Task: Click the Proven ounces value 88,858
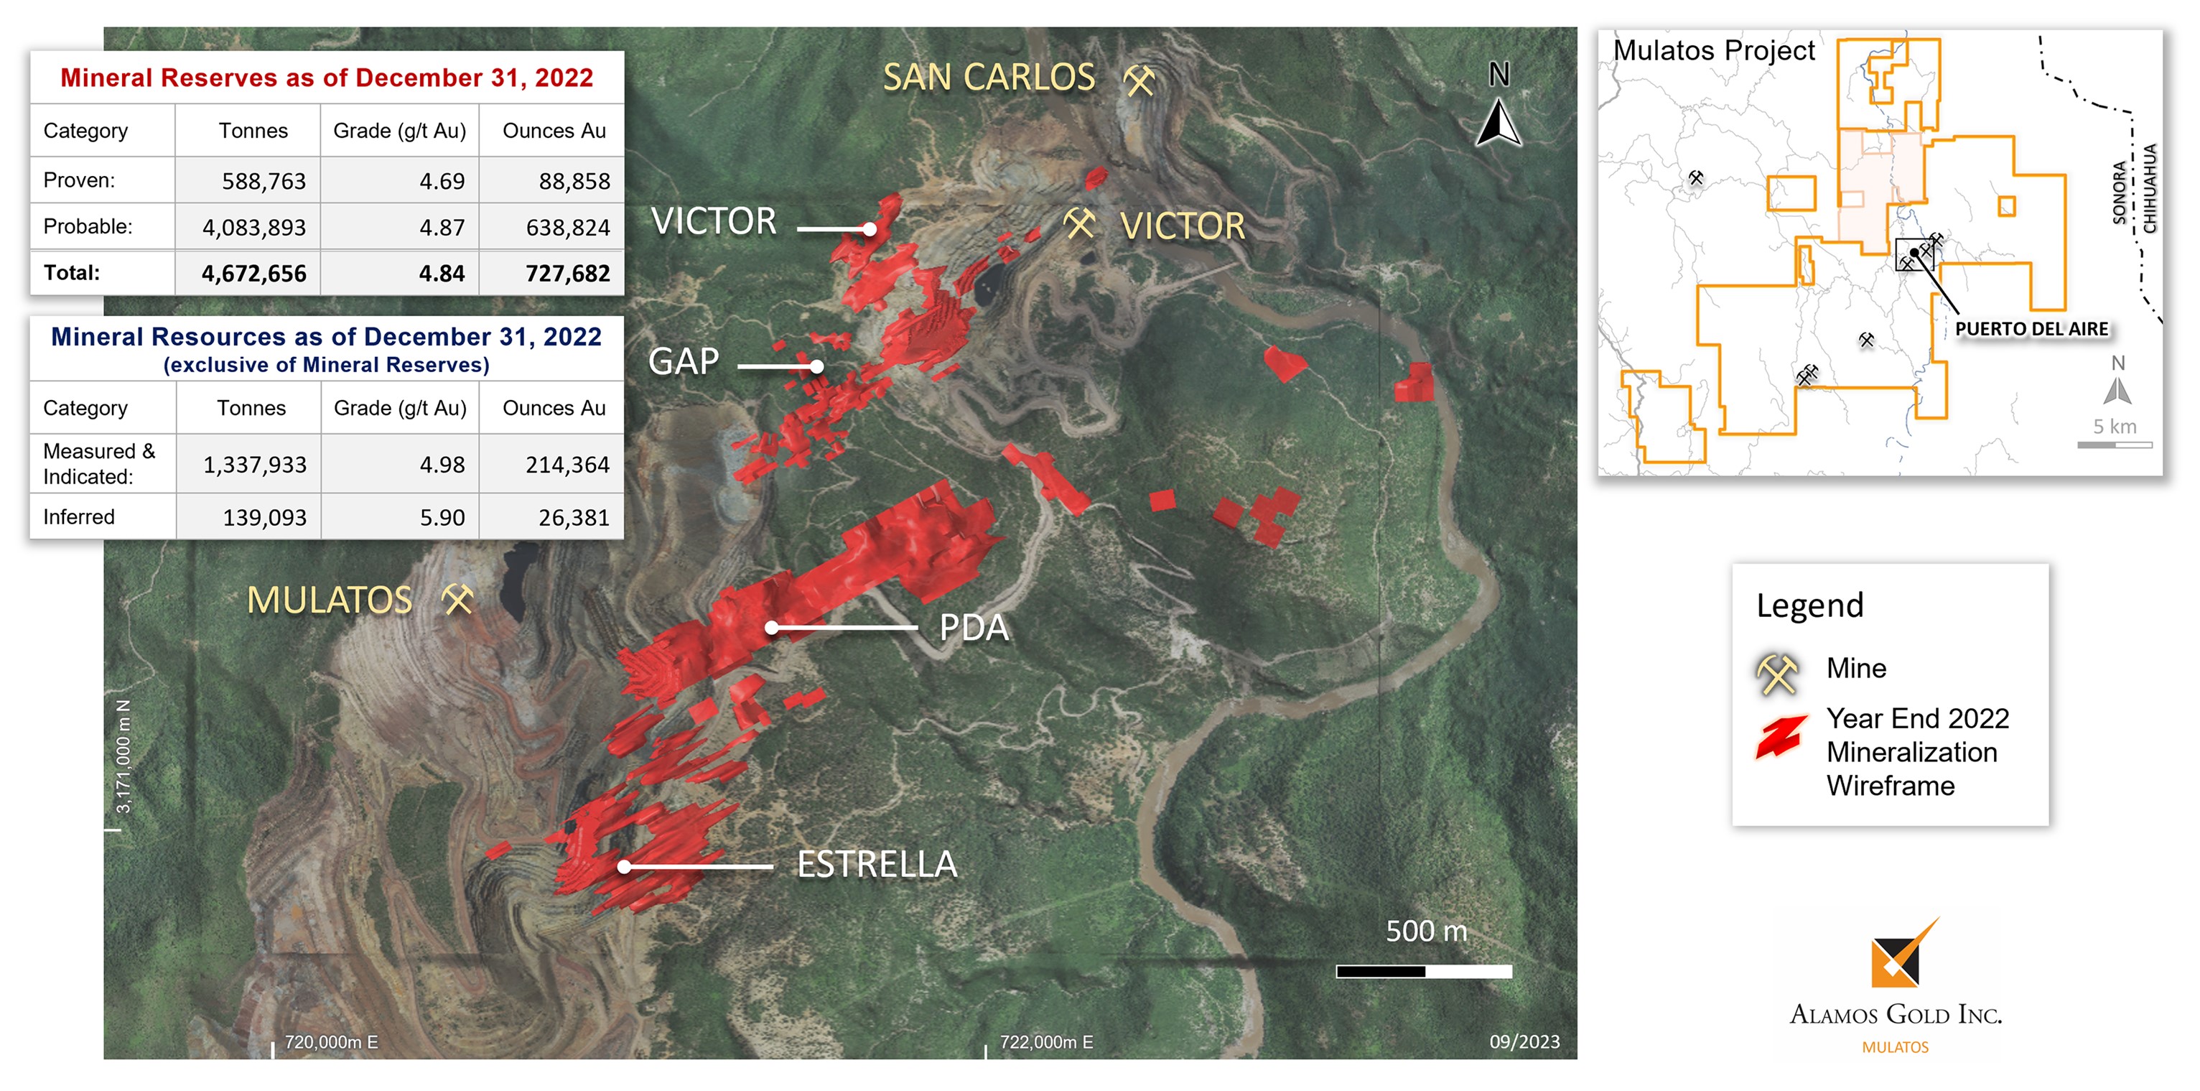point(574,181)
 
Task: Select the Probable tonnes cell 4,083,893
point(253,227)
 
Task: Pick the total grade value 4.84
point(442,274)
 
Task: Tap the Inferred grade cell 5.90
point(442,518)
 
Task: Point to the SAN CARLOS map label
point(988,78)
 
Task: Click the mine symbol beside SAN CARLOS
point(1139,80)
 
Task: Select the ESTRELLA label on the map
point(876,865)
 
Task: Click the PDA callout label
point(974,628)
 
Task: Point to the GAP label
point(684,362)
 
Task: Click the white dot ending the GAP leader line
point(816,366)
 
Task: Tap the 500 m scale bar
point(1424,971)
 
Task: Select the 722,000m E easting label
point(1046,1042)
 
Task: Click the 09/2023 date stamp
point(1524,1042)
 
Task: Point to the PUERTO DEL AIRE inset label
point(2031,330)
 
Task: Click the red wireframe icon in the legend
point(1780,736)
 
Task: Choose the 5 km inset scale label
point(2115,427)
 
